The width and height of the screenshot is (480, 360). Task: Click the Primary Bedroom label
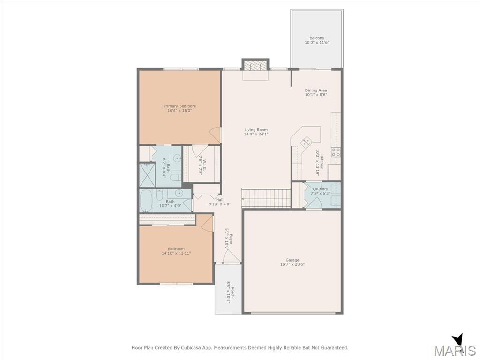point(180,106)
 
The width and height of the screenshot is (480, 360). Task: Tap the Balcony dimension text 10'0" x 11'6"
point(317,43)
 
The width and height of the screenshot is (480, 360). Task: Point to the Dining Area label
point(316,90)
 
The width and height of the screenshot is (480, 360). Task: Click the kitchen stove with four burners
point(336,152)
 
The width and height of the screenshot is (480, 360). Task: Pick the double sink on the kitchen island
point(306,142)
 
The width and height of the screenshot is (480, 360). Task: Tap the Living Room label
point(256,130)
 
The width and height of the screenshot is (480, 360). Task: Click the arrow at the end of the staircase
point(244,198)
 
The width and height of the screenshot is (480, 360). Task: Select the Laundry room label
point(321,189)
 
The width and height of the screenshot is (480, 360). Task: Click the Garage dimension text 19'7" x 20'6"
point(292,264)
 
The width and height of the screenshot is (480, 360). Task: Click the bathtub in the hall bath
point(146,201)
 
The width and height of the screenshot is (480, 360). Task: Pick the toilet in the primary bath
point(176,178)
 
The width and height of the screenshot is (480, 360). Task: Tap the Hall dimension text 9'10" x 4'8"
point(220,204)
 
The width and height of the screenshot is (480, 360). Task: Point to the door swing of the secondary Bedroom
point(208,223)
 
